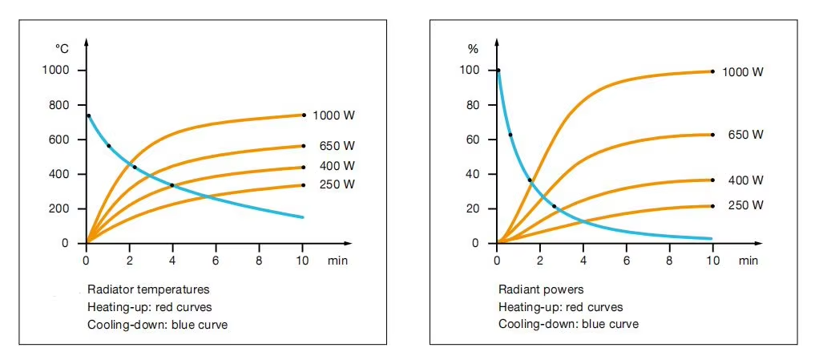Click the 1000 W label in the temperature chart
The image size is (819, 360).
point(333,115)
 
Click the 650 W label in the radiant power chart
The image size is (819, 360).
point(745,135)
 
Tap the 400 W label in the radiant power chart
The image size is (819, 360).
point(745,180)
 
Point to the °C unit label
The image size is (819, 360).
point(62,49)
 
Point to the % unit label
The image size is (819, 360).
point(473,49)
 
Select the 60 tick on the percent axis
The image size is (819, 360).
point(472,140)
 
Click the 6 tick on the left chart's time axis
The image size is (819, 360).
point(216,261)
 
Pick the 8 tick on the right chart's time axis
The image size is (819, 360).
point(670,261)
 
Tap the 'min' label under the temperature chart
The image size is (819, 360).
point(338,261)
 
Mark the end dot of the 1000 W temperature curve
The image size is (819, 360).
point(303,115)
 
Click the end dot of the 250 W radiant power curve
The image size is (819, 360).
point(712,206)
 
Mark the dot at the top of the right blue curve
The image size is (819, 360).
point(498,71)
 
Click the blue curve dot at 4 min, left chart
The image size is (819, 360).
point(172,185)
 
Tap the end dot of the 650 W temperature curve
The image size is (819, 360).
point(303,146)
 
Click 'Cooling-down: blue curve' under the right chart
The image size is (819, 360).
point(568,325)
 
